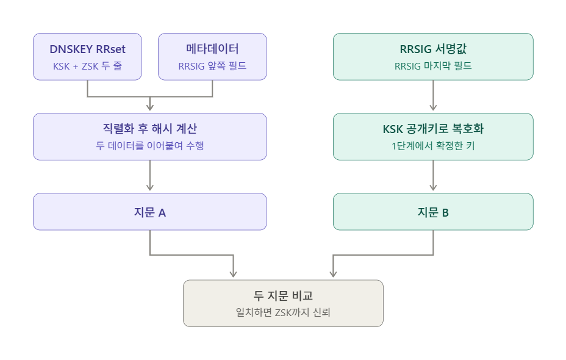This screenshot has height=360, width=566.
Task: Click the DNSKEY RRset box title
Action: (x=87, y=49)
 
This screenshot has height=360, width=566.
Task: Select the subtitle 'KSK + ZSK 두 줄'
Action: (x=87, y=66)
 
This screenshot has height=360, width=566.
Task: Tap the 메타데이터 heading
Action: (x=212, y=49)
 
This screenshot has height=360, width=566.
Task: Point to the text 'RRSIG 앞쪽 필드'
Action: (x=212, y=66)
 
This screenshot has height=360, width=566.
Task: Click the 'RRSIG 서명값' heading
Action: (x=433, y=49)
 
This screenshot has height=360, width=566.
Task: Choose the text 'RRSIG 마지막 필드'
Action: (x=433, y=66)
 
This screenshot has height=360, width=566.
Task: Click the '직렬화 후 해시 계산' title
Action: (x=150, y=129)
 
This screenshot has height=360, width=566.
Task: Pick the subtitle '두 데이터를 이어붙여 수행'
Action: (x=150, y=145)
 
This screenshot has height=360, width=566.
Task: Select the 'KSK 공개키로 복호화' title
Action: (x=433, y=129)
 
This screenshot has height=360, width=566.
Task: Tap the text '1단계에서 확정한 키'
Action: (x=433, y=146)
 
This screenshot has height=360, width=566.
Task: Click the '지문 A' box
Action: (x=150, y=212)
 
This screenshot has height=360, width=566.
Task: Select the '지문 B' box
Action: (x=433, y=212)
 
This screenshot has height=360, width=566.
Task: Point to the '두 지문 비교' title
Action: (x=283, y=296)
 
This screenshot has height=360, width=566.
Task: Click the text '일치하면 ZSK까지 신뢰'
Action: (x=283, y=312)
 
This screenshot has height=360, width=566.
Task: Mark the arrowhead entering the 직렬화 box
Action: (x=150, y=107)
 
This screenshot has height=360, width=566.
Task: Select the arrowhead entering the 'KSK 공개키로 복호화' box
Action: (x=433, y=107)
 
